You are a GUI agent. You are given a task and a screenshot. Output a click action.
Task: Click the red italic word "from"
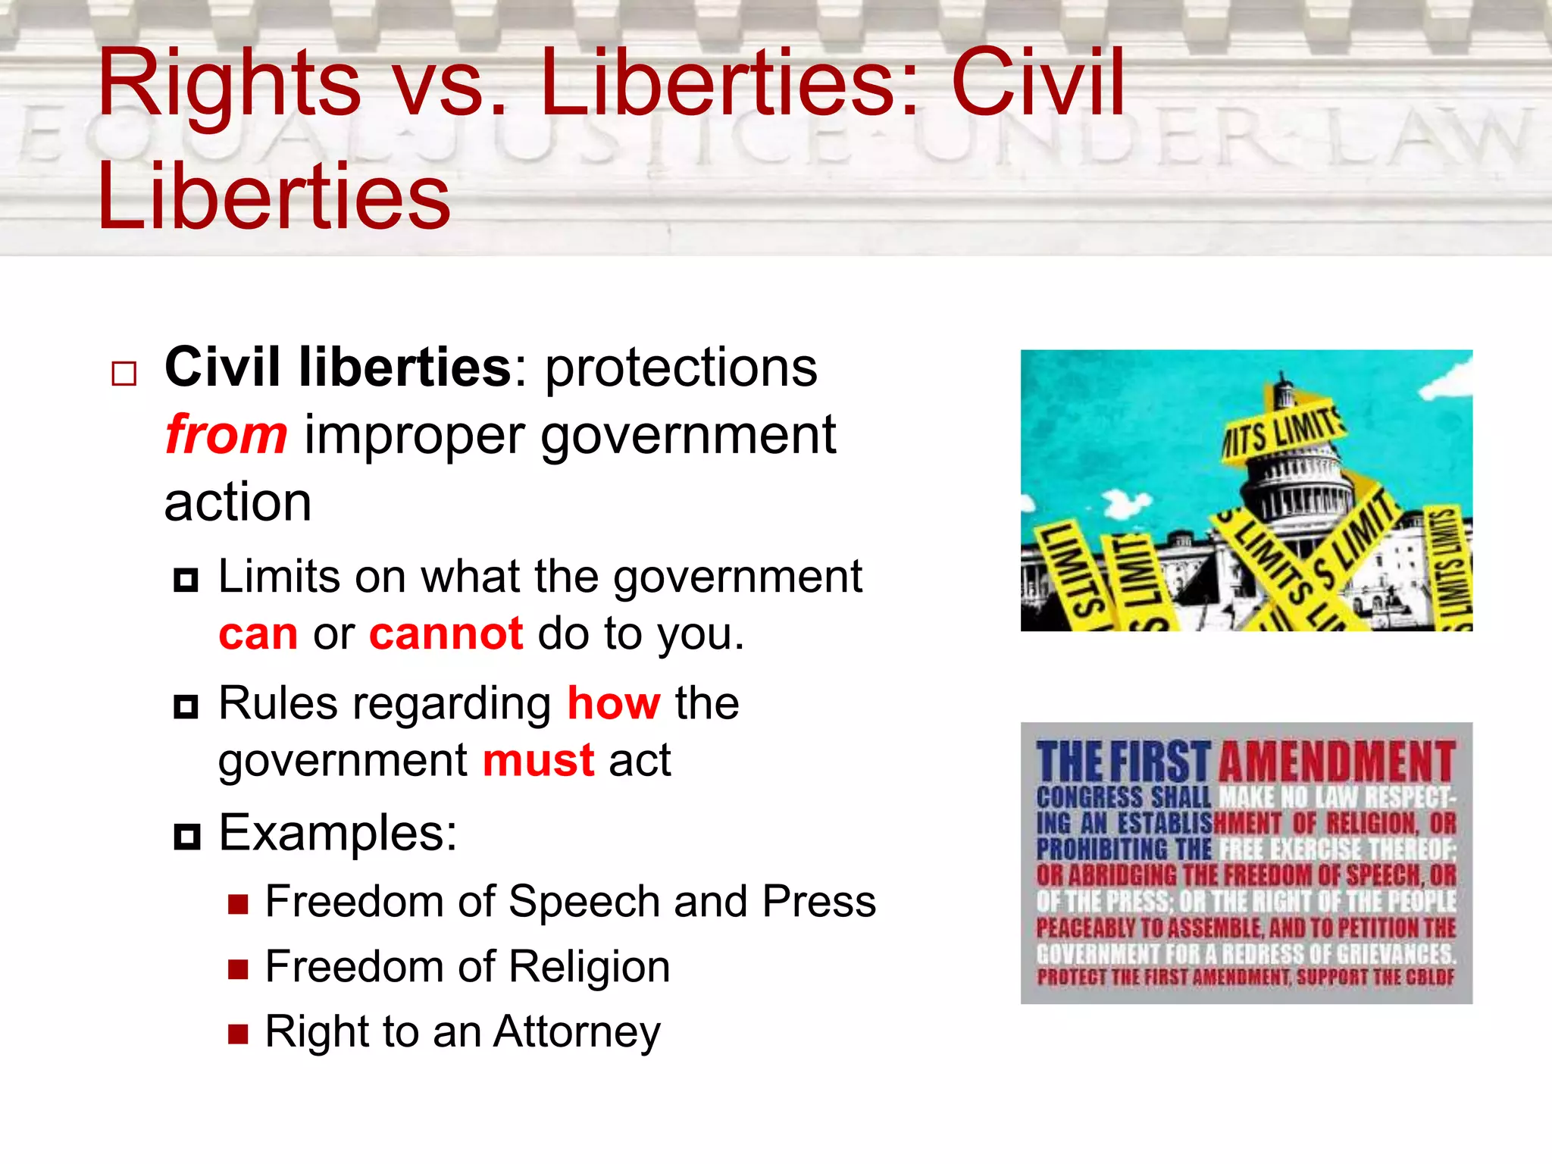[x=226, y=435]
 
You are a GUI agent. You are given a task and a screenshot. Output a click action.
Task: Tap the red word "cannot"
[x=446, y=634]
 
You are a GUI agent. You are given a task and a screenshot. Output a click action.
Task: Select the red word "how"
[x=614, y=703]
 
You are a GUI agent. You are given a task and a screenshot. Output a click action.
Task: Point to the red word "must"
[x=538, y=760]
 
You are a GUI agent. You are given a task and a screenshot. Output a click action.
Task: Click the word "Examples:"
[x=338, y=833]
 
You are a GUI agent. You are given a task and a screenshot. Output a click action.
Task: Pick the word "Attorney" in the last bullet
[x=577, y=1032]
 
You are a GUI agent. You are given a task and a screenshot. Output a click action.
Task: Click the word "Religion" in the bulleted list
[x=589, y=967]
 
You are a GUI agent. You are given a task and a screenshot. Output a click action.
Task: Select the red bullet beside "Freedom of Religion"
[x=238, y=969]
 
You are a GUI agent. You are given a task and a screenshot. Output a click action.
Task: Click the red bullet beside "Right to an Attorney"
[x=238, y=1034]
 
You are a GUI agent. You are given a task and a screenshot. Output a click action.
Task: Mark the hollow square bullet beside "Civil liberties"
[x=124, y=374]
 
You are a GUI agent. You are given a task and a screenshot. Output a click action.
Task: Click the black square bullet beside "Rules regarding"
[x=186, y=707]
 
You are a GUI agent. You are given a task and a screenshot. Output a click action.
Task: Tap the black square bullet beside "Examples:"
[x=186, y=837]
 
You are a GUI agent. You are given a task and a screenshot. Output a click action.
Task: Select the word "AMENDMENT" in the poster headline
[x=1337, y=762]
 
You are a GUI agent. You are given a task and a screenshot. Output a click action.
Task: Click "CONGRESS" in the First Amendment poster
[x=1090, y=797]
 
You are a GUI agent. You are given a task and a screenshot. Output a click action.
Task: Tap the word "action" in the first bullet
[x=238, y=502]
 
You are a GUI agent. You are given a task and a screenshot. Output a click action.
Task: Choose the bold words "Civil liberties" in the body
[x=338, y=368]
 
